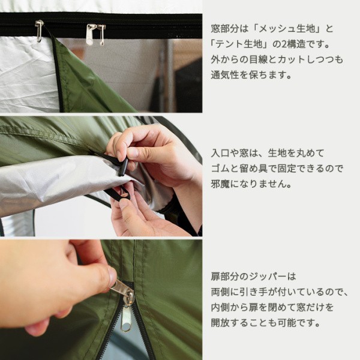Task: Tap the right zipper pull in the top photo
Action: click(x=91, y=35)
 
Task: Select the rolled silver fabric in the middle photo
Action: click(x=54, y=183)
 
